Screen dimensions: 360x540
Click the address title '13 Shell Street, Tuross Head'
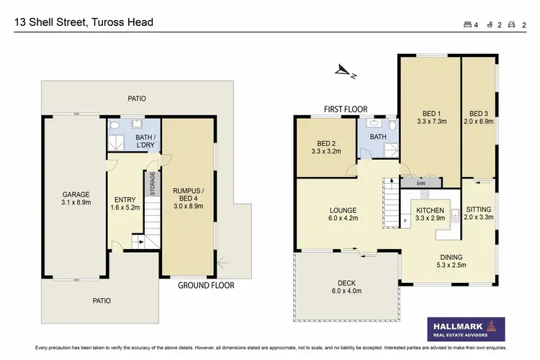[84, 22]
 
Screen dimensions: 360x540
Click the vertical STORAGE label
[152, 184]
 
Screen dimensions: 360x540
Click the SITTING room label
[479, 213]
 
